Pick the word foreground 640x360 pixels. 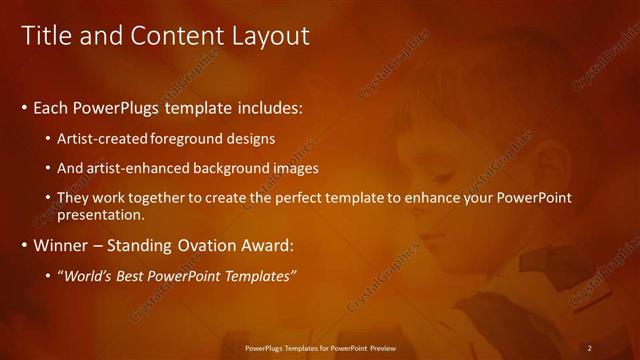click(193, 138)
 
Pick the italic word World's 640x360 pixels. click(90, 276)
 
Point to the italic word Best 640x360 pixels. click(139, 276)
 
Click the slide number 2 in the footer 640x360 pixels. click(590, 348)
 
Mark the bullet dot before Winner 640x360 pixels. click(24, 246)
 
